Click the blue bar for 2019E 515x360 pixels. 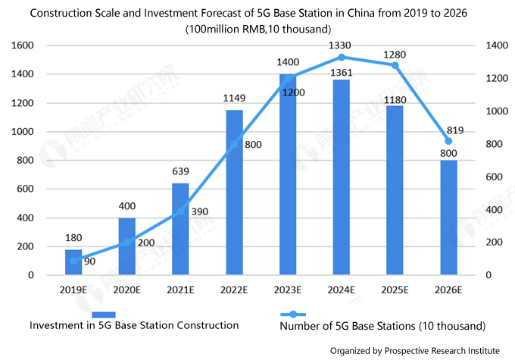click(73, 262)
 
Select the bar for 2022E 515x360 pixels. click(234, 193)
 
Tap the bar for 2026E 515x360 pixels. click(448, 218)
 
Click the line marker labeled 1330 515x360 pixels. click(342, 57)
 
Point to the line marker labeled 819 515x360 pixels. click(448, 141)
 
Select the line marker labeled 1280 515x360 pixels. click(395, 65)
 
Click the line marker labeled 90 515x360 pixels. click(73, 261)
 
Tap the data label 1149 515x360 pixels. click(234, 98)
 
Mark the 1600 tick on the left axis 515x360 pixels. click(25, 45)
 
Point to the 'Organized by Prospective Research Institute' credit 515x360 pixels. click(414, 349)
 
